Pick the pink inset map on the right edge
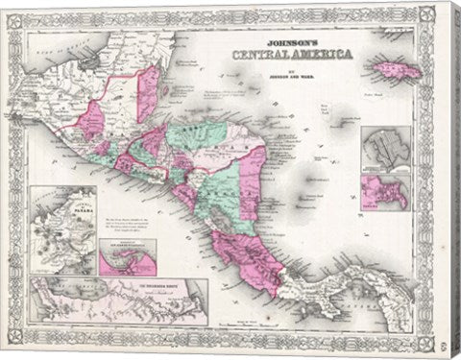click(384, 194)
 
